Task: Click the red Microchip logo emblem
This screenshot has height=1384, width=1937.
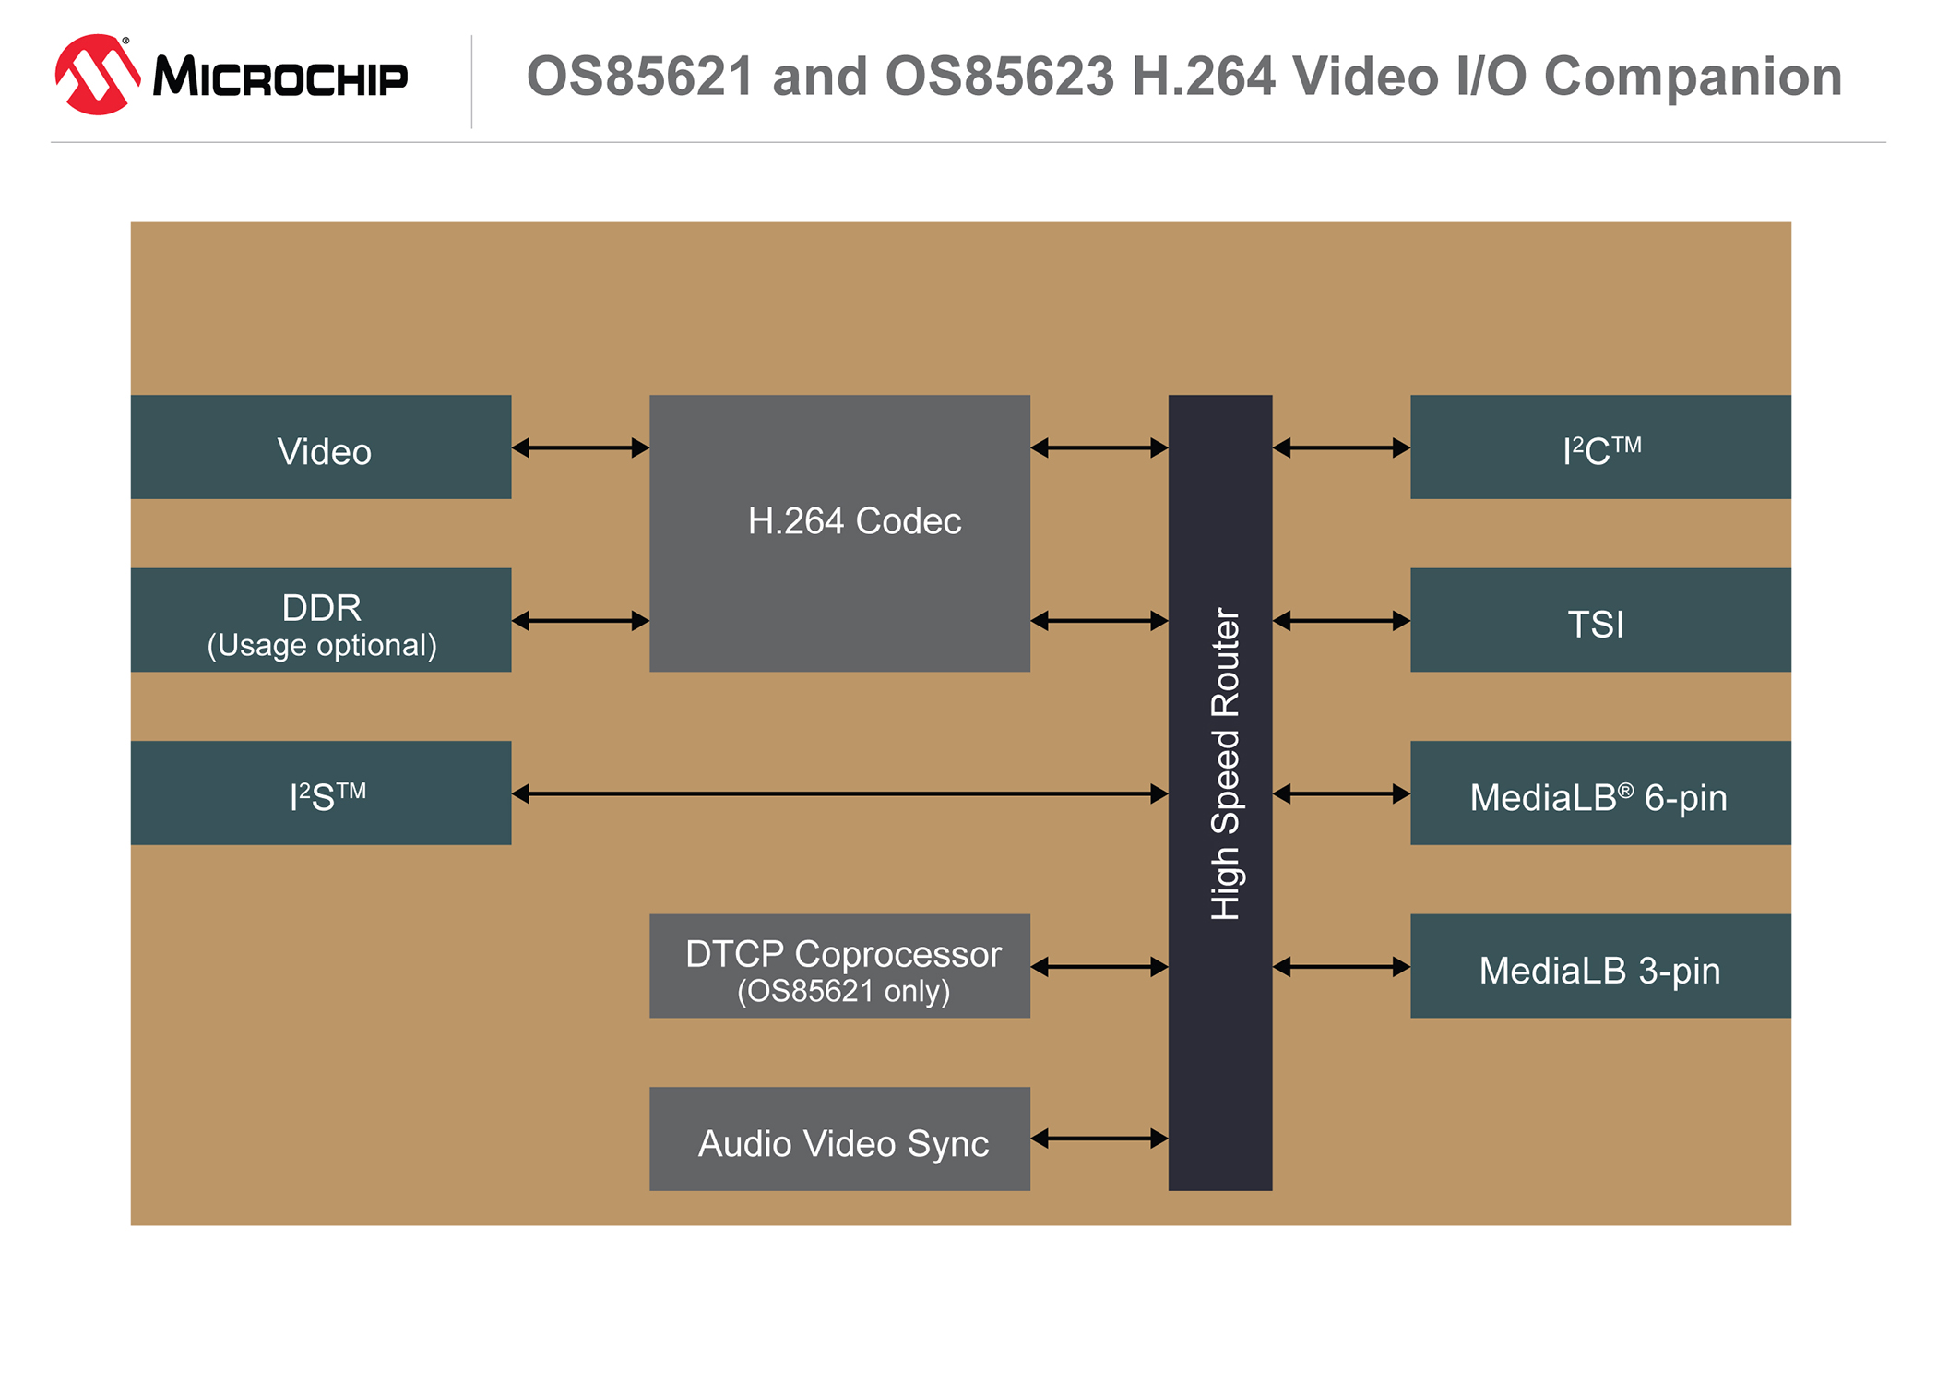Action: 97,75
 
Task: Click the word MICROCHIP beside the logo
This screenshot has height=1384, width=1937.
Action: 280,77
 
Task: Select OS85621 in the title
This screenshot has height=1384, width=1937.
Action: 639,76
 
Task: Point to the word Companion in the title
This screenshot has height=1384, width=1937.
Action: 1693,76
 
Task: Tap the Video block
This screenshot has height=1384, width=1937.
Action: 321,447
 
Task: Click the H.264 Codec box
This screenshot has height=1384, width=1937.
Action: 839,532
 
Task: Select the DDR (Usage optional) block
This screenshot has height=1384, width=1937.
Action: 321,620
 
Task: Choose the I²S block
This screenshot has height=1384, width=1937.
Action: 321,793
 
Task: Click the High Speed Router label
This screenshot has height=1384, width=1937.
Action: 1224,764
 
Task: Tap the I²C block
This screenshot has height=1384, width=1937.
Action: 1600,447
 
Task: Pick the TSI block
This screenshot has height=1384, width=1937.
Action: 1600,620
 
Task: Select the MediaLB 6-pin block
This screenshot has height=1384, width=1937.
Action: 1600,793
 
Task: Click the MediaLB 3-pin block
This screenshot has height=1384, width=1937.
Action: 1600,966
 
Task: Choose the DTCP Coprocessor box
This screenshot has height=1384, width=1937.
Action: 839,966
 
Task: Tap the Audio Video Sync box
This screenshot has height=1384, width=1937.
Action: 839,1139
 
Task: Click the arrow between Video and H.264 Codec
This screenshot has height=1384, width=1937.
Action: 580,448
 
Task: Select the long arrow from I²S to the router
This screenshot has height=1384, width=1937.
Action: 839,793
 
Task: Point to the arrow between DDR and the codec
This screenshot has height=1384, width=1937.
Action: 580,621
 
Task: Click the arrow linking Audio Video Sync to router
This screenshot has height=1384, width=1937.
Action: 1099,1139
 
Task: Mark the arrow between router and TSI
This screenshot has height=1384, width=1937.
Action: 1341,621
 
